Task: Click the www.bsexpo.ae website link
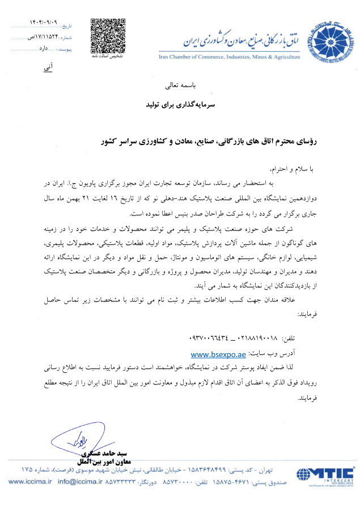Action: (218, 354)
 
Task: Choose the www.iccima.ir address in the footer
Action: (30, 482)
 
